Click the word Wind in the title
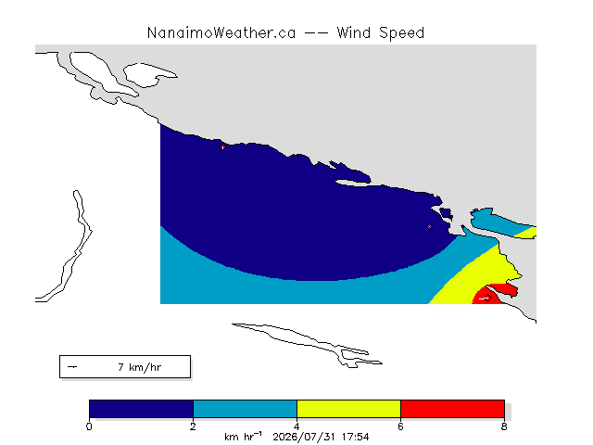click(354, 33)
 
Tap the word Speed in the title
click(401, 33)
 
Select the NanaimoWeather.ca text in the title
click(221, 33)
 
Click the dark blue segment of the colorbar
click(142, 409)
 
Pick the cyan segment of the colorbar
click(245, 409)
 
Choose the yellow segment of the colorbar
click(348, 409)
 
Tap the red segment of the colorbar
click(452, 409)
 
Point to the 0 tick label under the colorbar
click(89, 426)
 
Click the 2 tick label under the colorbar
click(193, 426)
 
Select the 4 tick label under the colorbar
click(296, 426)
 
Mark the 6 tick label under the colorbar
click(400, 426)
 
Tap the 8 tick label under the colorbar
click(504, 426)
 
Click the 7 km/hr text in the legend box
click(140, 367)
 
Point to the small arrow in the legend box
click(72, 367)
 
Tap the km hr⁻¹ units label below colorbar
click(243, 437)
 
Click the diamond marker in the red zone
click(488, 299)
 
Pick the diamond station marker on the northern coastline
click(222, 146)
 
